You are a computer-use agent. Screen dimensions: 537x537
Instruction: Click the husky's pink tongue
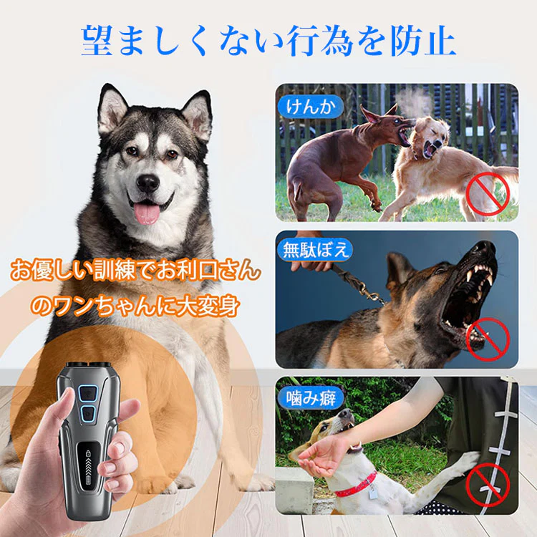click(147, 211)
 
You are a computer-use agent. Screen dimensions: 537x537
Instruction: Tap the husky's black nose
click(148, 183)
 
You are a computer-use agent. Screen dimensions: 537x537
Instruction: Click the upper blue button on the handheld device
click(89, 392)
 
